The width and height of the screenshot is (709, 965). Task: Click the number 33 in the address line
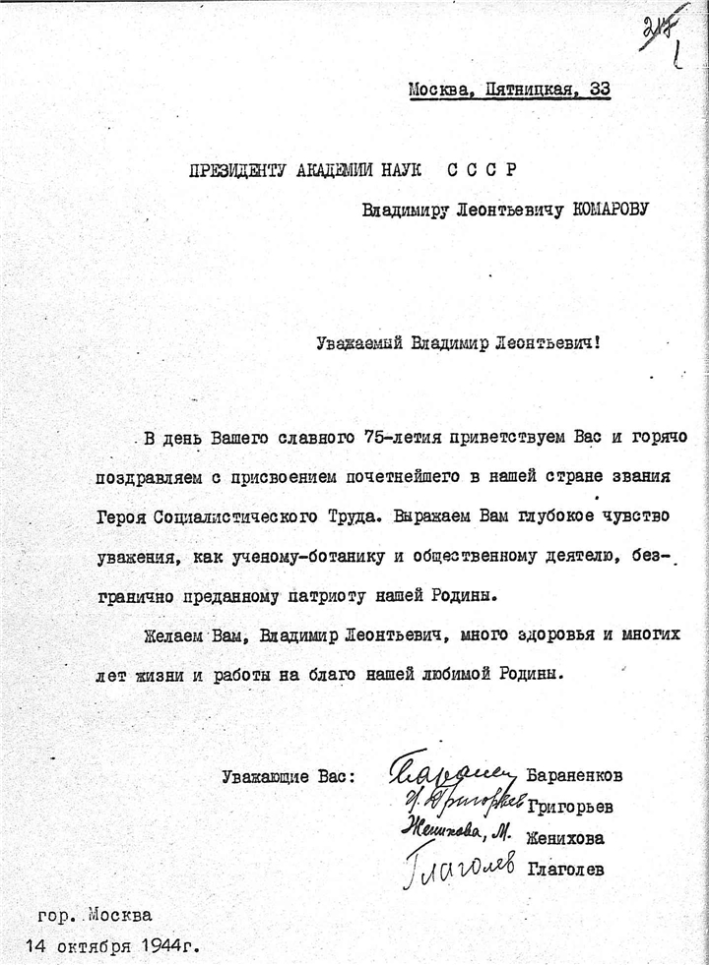(599, 90)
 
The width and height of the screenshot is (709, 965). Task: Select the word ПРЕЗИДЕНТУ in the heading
(241, 169)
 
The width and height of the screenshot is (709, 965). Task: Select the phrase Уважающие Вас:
(290, 775)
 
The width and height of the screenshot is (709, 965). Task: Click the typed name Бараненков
(576, 775)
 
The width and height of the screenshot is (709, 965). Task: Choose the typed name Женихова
(566, 839)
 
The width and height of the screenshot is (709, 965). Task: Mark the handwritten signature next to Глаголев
(459, 867)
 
